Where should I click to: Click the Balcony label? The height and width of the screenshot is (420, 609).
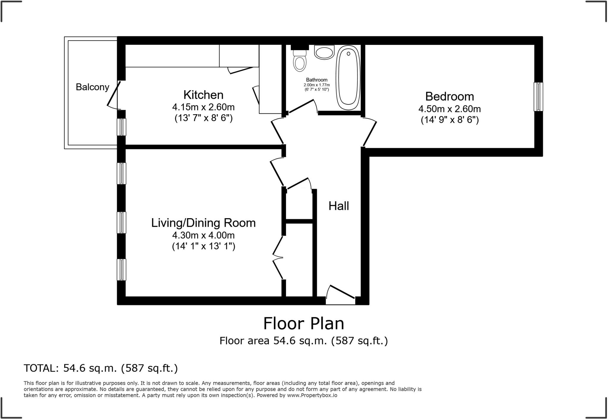[x=92, y=87]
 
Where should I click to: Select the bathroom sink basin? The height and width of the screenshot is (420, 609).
[x=324, y=53]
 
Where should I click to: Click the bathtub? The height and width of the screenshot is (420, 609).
[x=348, y=78]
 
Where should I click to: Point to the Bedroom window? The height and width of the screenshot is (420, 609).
[x=538, y=97]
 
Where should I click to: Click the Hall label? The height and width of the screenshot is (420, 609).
[x=338, y=206]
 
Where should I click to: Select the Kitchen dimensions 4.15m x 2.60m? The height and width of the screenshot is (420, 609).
[x=203, y=107]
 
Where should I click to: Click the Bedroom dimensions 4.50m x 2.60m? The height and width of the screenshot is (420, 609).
[x=449, y=109]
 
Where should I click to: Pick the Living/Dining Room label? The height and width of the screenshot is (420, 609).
[x=203, y=223]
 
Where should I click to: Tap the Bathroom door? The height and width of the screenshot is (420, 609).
[x=302, y=107]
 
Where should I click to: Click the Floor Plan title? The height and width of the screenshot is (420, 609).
[x=304, y=324]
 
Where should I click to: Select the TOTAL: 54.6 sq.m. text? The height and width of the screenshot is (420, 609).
[x=101, y=368]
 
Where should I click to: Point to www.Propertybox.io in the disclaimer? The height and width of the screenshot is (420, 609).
[x=312, y=395]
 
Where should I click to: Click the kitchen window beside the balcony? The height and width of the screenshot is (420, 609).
[x=121, y=127]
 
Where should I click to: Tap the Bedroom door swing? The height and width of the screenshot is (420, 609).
[x=370, y=132]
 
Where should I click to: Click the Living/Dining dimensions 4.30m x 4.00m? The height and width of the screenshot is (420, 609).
[x=203, y=235]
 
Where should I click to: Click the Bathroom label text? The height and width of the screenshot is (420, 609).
[x=316, y=80]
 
